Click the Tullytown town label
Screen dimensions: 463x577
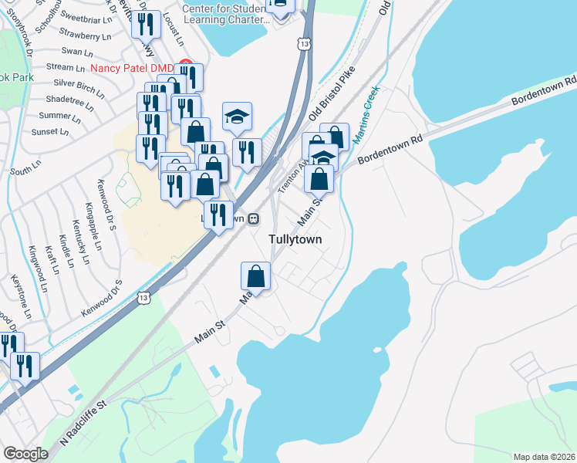[x=295, y=239]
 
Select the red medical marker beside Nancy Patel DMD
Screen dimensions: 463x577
[x=184, y=63]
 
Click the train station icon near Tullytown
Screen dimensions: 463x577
[x=252, y=218]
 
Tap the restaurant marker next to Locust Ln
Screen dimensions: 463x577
[x=145, y=25]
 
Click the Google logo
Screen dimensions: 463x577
[x=25, y=454]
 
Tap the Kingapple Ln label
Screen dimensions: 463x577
[x=93, y=226]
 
